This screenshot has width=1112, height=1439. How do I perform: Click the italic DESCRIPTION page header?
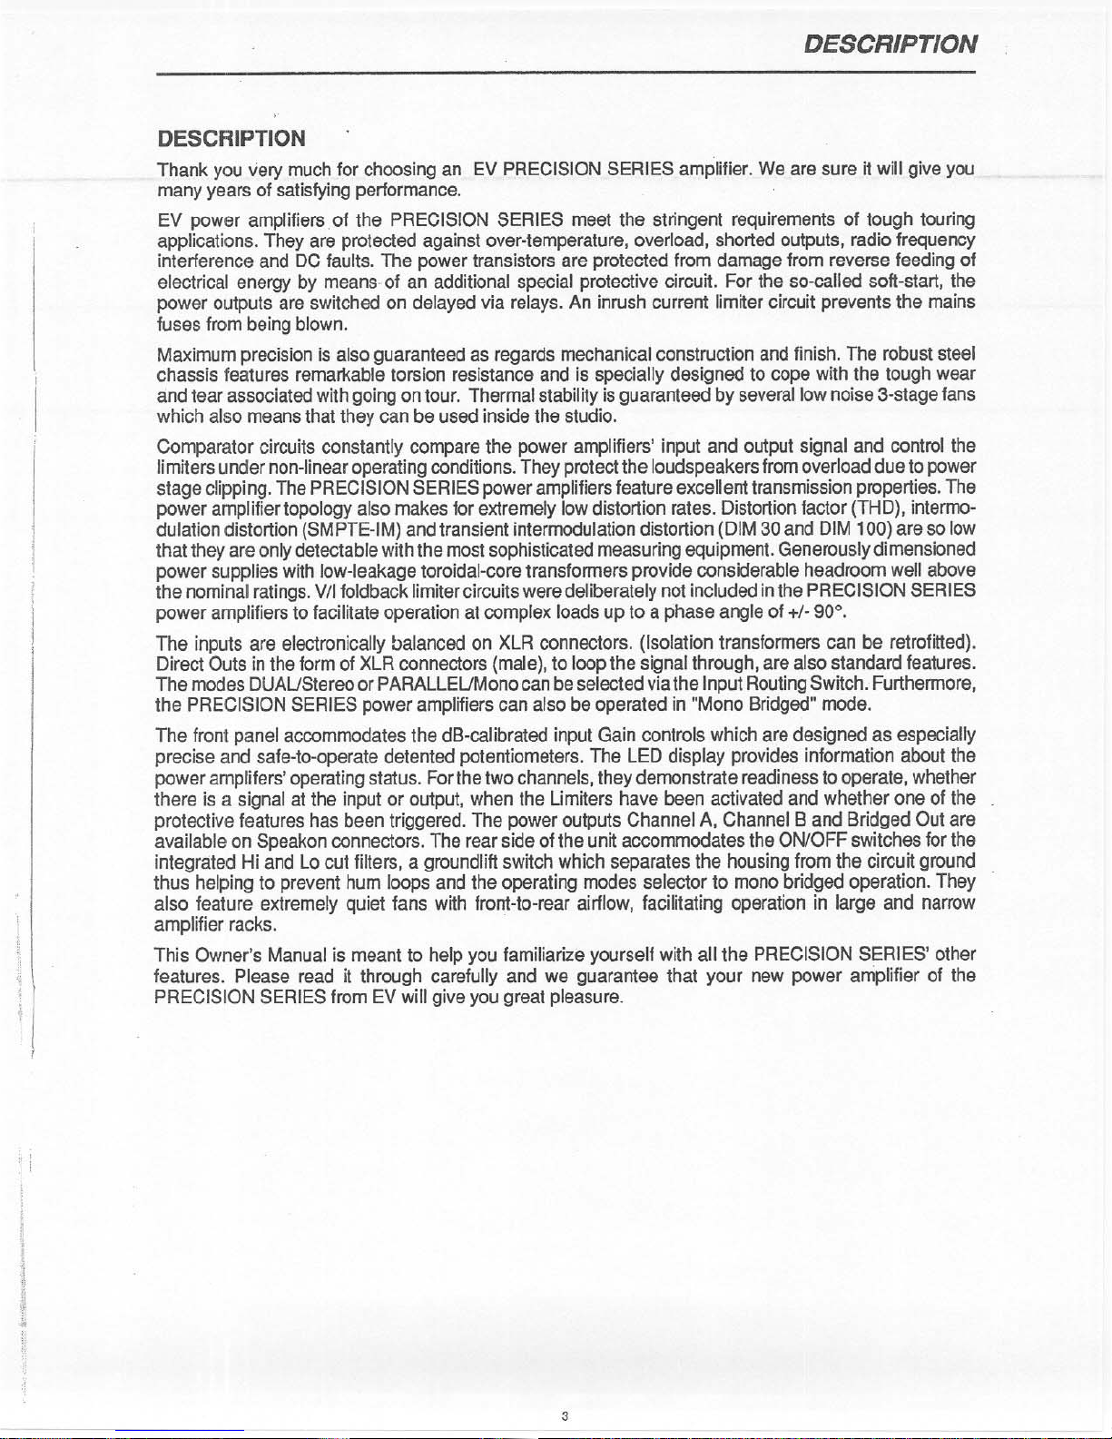891,44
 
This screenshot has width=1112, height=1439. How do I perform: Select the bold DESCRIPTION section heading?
231,138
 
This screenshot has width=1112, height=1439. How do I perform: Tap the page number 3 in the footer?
565,1416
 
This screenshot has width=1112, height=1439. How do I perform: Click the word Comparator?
204,446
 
